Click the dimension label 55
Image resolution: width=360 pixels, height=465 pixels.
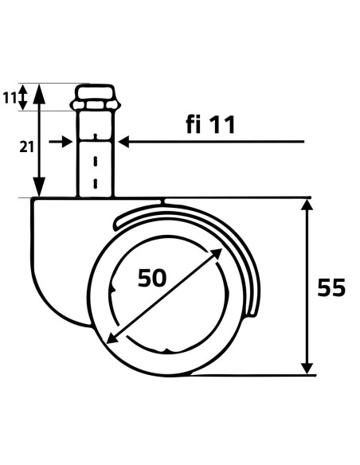click(331, 287)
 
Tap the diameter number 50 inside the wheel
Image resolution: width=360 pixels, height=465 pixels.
click(152, 278)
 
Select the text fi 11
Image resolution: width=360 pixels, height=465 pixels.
click(210, 124)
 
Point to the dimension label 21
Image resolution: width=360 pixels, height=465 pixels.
click(26, 147)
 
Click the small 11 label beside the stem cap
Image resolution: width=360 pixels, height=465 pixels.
click(10, 98)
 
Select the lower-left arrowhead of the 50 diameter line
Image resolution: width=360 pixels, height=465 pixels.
click(112, 338)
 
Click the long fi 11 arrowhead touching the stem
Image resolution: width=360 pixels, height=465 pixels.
click(124, 142)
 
